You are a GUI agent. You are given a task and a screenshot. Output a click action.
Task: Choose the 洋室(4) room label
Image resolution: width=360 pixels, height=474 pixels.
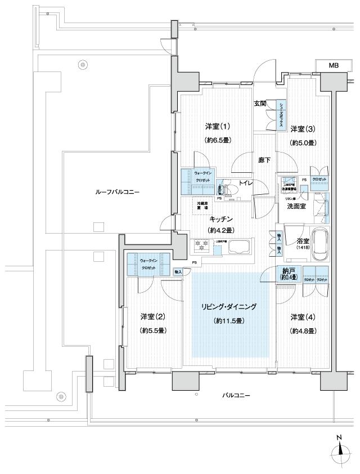(303, 316)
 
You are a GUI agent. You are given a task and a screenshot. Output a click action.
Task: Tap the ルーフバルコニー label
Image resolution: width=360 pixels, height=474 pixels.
(117, 192)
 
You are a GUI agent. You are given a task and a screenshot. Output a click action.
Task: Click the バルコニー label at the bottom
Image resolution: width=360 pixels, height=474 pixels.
(236, 395)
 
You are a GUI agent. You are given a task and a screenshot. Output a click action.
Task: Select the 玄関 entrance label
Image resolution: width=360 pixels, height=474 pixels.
(260, 104)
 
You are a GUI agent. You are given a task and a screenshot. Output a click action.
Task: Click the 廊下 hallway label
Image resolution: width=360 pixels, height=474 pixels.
(264, 160)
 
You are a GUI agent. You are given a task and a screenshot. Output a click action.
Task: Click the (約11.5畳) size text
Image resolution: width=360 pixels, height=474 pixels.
(228, 321)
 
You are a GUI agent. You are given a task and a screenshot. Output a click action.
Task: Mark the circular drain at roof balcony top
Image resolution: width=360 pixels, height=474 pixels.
(83, 65)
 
